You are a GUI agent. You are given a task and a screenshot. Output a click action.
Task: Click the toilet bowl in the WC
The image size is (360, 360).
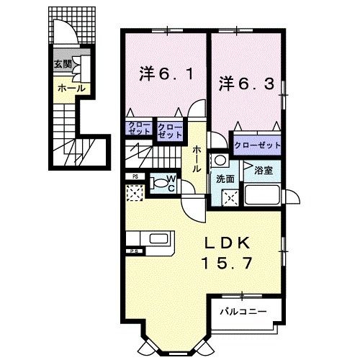158,183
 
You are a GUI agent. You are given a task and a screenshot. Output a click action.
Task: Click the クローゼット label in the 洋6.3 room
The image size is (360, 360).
256,145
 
